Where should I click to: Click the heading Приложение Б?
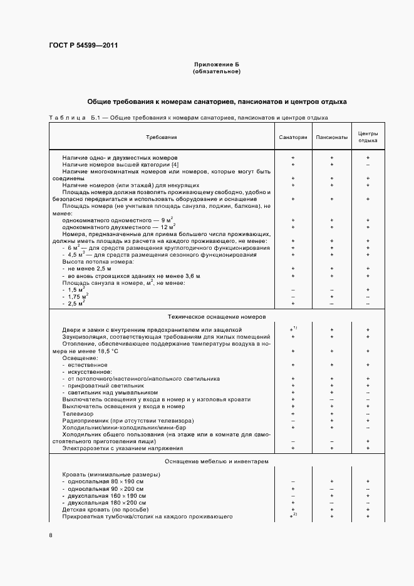pyautogui.click(x=217, y=65)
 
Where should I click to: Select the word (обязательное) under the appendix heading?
pyautogui.click(x=217, y=71)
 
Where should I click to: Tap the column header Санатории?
pyautogui.click(x=292, y=136)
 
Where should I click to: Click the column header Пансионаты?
pyautogui.click(x=331, y=136)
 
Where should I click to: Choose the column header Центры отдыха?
pyautogui.click(x=368, y=136)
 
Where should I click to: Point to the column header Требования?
pyautogui.click(x=162, y=136)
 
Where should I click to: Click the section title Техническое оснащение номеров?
pyautogui.click(x=216, y=317)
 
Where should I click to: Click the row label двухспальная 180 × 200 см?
pyautogui.click(x=106, y=503)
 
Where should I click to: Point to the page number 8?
pyautogui.click(x=50, y=535)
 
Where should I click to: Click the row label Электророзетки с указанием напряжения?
pyautogui.click(x=122, y=448)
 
